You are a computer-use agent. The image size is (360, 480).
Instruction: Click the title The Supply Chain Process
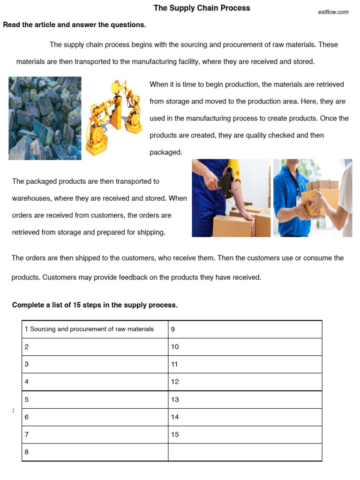point(202,8)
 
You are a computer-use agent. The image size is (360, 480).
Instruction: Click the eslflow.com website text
point(333,12)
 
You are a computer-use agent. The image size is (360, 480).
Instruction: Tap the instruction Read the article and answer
point(75,25)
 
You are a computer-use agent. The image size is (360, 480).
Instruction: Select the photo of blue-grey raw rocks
point(45,118)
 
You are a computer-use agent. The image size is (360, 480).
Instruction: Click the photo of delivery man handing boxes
point(313,198)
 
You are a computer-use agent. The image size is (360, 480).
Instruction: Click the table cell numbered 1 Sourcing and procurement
point(95,329)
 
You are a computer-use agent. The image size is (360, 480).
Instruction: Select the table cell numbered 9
point(245,329)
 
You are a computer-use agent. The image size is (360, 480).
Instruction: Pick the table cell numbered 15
point(245,435)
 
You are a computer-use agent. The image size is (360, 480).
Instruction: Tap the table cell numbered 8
point(95,452)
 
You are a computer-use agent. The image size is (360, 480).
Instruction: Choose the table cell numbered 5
point(95,400)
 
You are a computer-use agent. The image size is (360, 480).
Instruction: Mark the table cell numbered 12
point(245,382)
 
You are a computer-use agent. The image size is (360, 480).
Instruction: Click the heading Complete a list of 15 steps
point(95,305)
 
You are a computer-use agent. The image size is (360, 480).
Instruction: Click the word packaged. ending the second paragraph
point(165,152)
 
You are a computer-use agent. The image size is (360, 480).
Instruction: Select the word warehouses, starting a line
point(31,198)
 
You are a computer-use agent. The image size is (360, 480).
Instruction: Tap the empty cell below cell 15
point(245,452)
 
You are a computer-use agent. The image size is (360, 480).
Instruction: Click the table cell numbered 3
point(95,364)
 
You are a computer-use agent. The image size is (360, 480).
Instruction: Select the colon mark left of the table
point(13,410)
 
